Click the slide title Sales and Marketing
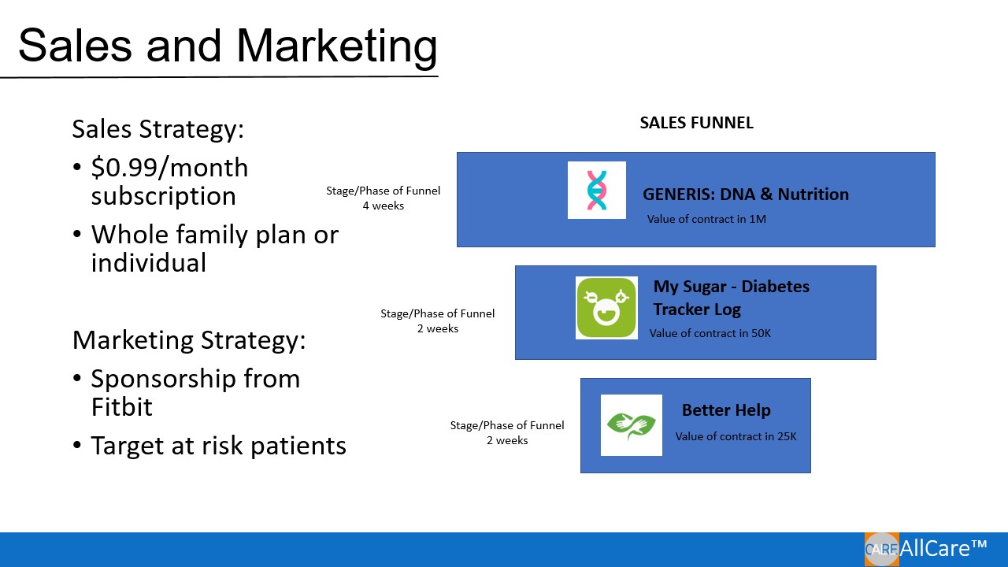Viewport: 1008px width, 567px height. (228, 46)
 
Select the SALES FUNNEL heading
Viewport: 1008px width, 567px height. (696, 123)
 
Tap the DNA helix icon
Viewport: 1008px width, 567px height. (597, 191)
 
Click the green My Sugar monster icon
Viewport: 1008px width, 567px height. (606, 308)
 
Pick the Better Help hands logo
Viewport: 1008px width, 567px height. (632, 425)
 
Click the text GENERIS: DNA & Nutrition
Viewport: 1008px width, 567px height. (745, 195)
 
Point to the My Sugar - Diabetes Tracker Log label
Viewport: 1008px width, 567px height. (731, 298)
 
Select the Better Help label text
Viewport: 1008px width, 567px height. (726, 410)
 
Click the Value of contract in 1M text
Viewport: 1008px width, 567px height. (706, 219)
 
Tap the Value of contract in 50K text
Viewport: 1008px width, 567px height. (710, 333)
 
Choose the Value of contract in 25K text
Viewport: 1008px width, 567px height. (736, 436)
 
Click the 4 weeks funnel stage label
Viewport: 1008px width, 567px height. (384, 206)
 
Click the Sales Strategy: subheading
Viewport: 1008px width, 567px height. (158, 129)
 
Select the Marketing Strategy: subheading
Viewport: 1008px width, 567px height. (189, 340)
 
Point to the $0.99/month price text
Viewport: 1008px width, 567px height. (169, 168)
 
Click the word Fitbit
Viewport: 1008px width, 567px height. (121, 406)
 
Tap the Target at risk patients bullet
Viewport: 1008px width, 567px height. (218, 446)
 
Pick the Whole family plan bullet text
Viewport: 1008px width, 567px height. (214, 235)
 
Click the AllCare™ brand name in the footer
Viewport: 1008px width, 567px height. (943, 548)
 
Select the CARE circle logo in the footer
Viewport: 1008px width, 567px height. (881, 550)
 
